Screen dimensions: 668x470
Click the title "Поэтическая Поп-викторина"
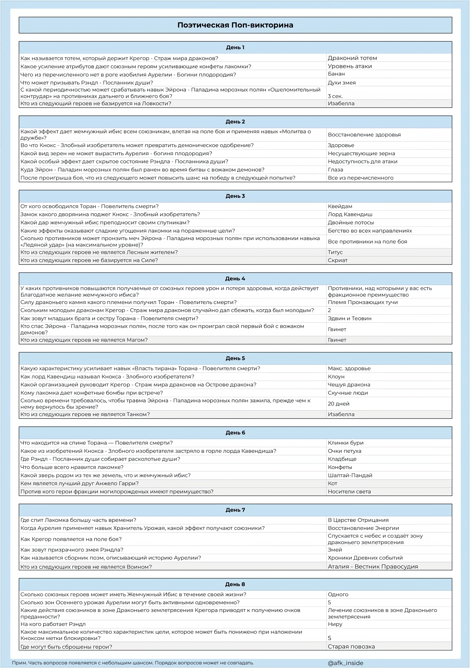235,25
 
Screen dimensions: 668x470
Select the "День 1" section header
235,47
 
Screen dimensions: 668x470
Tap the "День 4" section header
235,278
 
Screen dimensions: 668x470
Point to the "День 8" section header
235,584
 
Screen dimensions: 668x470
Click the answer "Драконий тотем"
352,58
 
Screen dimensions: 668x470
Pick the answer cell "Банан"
336,74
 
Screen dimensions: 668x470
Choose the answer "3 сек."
335,96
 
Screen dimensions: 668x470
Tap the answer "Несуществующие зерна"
361,153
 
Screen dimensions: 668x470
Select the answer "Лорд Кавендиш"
350,214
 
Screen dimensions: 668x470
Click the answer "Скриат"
338,260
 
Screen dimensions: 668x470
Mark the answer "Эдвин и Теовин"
349,318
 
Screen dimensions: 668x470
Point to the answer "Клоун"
336,377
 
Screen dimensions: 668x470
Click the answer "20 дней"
338,403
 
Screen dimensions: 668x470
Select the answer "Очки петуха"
344,451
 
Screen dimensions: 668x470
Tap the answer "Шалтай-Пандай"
350,475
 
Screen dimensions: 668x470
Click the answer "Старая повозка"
351,646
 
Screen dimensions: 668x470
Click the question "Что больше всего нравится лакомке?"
72,467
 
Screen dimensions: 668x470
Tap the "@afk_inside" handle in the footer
345,663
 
